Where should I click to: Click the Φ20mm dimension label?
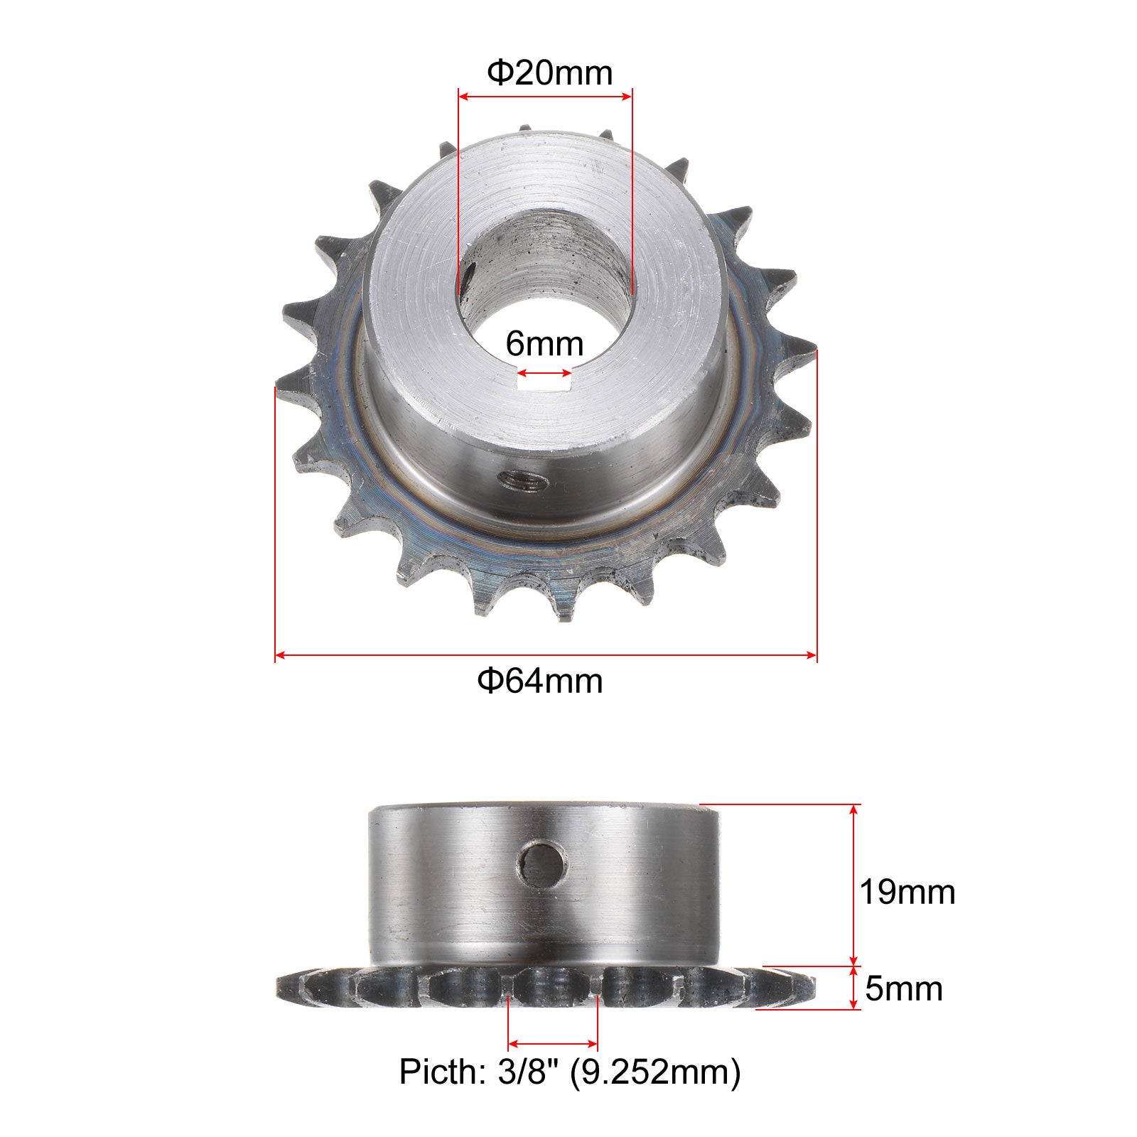coord(549,72)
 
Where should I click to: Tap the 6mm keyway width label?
coord(544,344)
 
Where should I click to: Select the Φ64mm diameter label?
coord(540,681)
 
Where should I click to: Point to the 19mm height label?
coord(907,892)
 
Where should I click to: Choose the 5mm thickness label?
coord(903,988)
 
